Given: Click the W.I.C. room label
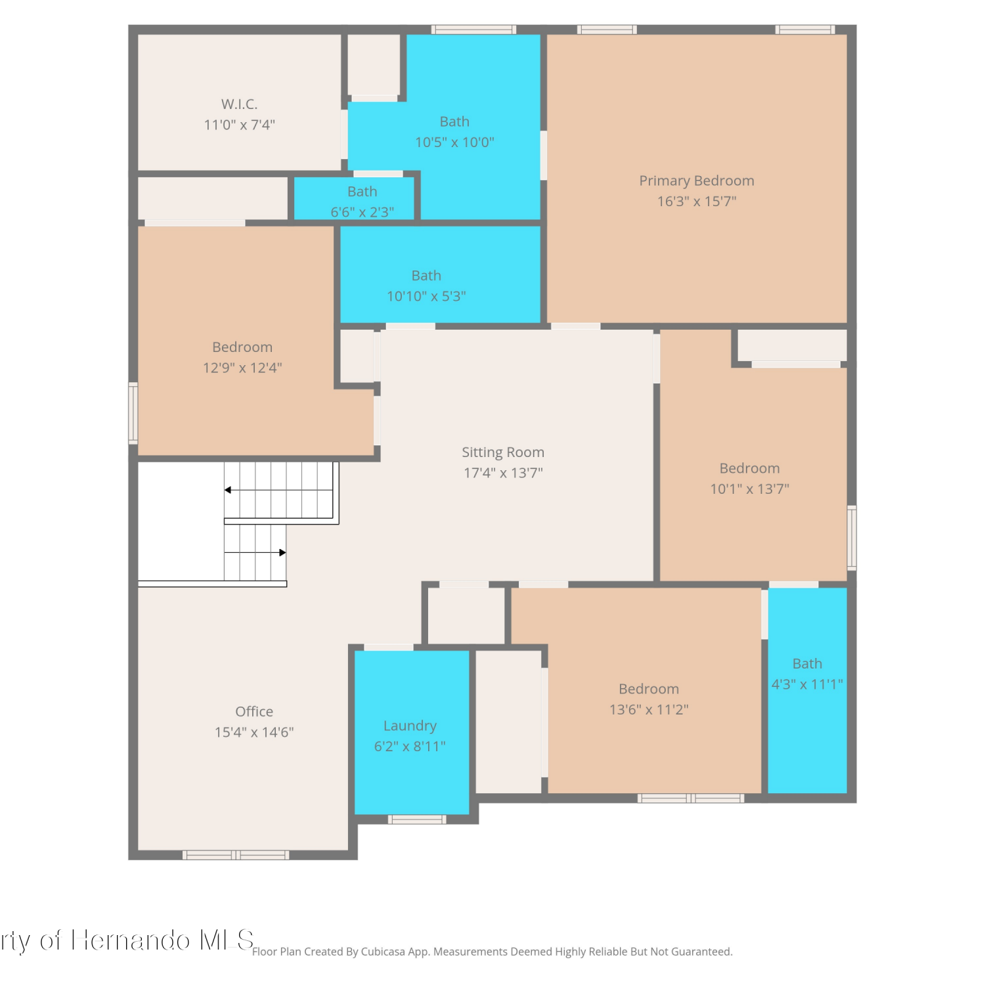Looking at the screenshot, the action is (239, 104).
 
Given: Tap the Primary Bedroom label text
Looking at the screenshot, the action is (697, 181).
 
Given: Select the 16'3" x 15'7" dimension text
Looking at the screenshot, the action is (697, 202).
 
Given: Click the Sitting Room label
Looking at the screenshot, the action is (503, 452).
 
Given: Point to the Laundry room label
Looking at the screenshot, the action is (410, 726).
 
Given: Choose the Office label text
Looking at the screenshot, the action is (254, 712).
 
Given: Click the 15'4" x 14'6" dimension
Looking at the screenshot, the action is (254, 732).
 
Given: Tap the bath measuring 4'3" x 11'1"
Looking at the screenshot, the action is (807, 689).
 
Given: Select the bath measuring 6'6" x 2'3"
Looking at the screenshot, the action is (355, 198).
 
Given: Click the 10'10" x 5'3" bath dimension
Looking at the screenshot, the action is (426, 296).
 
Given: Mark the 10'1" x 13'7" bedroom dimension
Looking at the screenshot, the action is (749, 489).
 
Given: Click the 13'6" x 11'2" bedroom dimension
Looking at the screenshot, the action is (649, 709).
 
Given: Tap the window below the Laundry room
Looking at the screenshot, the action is (417, 819).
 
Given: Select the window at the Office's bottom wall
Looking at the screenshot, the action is (236, 855).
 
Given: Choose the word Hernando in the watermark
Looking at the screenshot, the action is (131, 940).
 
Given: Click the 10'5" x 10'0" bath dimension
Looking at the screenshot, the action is (454, 142).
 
